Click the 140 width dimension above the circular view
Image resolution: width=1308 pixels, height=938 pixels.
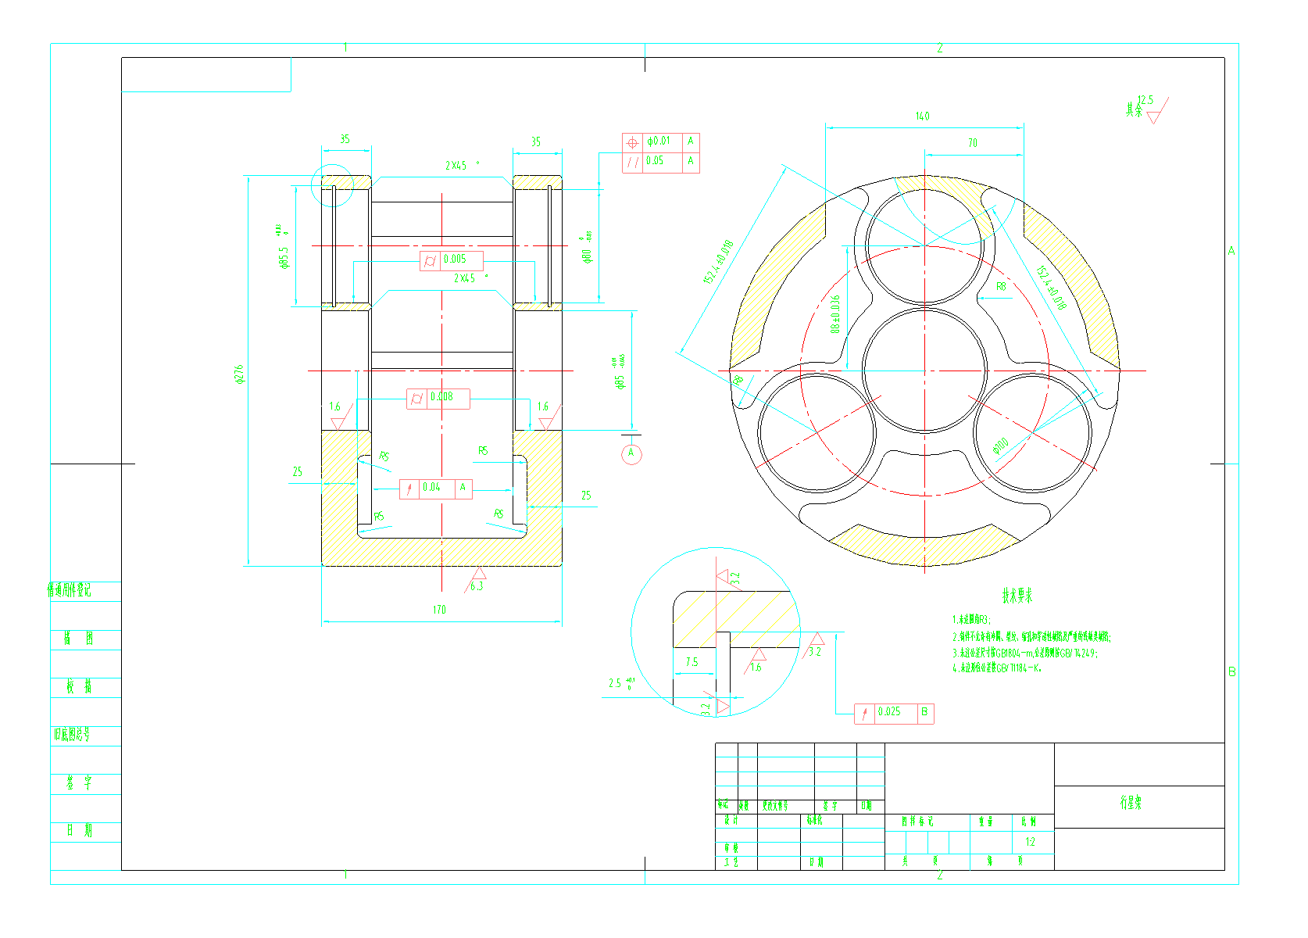[x=923, y=116]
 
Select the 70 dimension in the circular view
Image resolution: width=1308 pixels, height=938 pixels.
[x=973, y=143]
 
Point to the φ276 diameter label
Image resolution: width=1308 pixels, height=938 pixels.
[x=239, y=374]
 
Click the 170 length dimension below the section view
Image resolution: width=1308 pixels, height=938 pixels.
[x=439, y=610]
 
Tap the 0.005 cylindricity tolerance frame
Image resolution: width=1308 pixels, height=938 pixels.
[x=452, y=260]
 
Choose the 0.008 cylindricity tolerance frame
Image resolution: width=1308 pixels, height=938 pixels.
[x=438, y=398]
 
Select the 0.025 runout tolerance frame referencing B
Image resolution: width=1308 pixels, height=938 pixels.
[x=894, y=712]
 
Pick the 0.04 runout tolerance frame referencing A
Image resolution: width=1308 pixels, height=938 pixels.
[x=435, y=488]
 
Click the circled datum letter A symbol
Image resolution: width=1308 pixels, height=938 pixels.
[x=631, y=453]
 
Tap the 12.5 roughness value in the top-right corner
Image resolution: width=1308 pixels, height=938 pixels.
[x=1145, y=100]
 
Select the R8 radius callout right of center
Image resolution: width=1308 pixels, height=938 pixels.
[x=1001, y=287]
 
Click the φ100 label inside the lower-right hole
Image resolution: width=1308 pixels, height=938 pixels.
[x=1001, y=446]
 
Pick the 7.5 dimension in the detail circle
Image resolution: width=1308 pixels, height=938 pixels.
[x=692, y=662]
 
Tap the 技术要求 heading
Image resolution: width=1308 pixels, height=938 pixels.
[x=1017, y=596]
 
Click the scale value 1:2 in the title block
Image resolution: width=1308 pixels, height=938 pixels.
[x=1030, y=842]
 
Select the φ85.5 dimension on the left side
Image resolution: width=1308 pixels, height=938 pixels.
[x=284, y=258]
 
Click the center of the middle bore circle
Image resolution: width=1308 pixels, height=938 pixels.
[x=925, y=371]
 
